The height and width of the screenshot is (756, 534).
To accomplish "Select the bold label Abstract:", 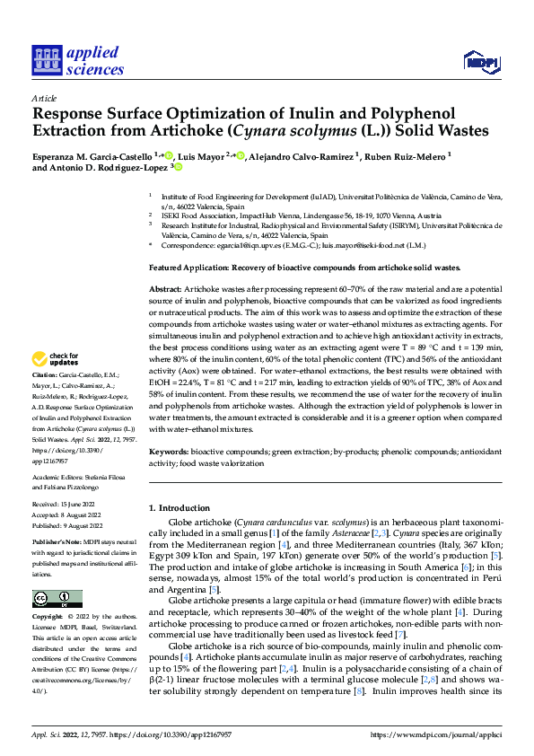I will point(164,290).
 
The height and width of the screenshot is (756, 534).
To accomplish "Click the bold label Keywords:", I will point(170,453).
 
